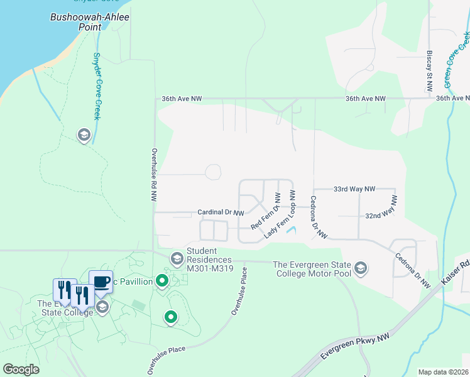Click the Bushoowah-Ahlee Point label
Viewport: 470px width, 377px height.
(90, 22)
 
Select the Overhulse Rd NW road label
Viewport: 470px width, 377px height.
(154, 174)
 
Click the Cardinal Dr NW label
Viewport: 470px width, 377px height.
(221, 213)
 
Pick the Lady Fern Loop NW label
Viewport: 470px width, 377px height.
(280, 214)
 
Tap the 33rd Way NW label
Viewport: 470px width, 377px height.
(354, 188)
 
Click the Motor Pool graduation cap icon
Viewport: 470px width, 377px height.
(361, 269)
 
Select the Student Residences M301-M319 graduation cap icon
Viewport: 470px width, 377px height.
(177, 258)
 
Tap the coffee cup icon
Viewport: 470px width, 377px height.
(101, 281)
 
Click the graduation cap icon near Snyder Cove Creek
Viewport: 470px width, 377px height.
(84, 135)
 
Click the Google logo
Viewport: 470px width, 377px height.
(21, 369)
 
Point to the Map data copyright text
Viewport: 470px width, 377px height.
(442, 372)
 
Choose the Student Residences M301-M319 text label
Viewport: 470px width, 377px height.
(200, 256)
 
